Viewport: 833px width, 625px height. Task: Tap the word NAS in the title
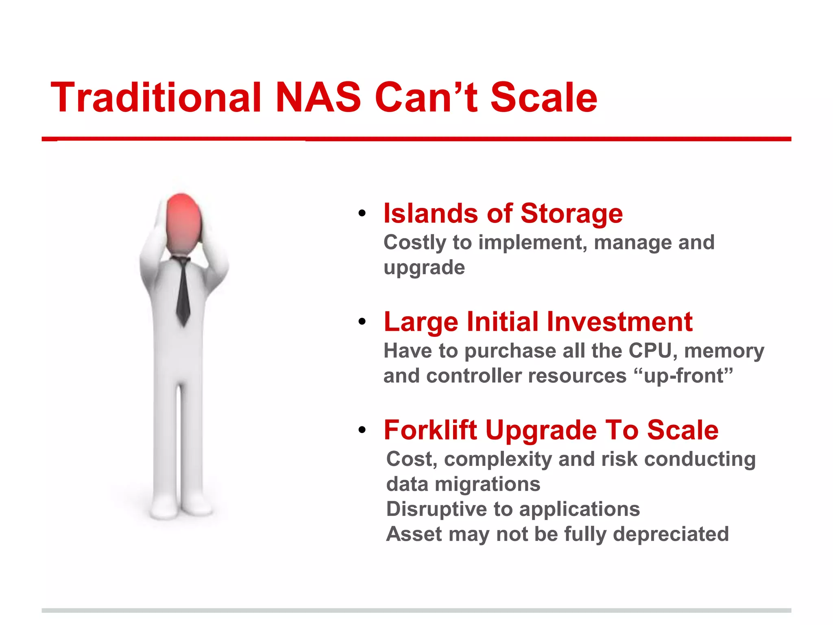click(318, 98)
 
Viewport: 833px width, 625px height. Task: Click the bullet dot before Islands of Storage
click(362, 214)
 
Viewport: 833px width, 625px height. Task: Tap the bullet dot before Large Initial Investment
click(362, 322)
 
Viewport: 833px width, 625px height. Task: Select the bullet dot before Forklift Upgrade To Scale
click(362, 430)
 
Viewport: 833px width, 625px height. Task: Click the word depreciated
click(671, 534)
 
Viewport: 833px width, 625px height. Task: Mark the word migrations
click(487, 484)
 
